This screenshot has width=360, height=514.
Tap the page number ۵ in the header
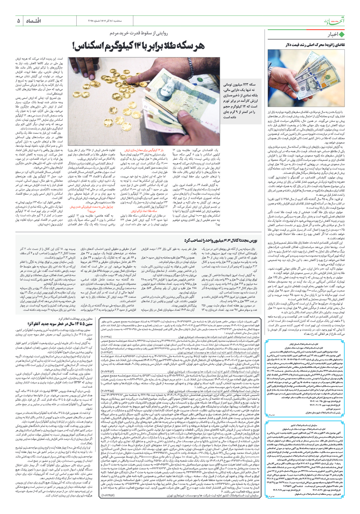18,21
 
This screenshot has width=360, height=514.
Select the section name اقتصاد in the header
33,21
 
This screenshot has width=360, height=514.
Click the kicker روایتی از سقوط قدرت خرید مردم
138,33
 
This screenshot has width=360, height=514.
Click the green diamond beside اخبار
342,35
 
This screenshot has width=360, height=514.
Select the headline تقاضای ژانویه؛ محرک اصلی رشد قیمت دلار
315,45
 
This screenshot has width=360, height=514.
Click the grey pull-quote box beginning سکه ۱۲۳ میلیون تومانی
240,101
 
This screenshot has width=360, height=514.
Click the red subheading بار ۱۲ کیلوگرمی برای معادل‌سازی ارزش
144,150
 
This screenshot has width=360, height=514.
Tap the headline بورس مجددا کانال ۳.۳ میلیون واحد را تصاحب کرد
220,240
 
